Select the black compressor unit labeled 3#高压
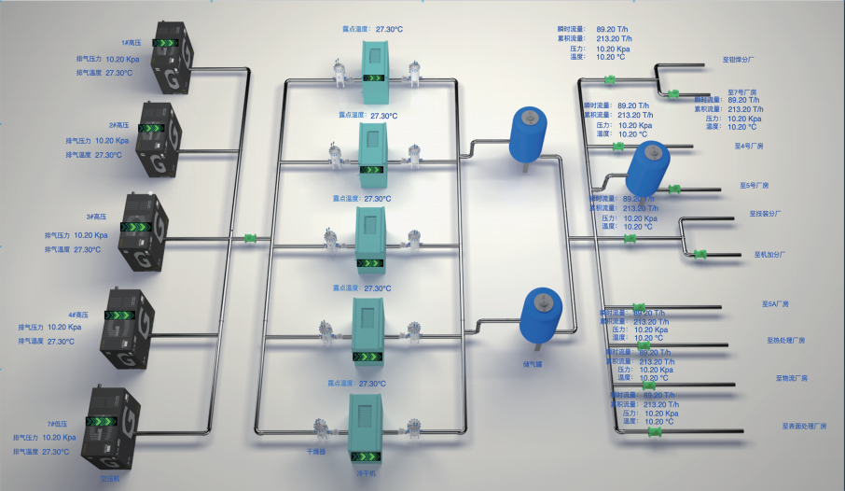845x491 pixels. tap(136, 232)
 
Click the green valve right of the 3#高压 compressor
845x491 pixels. tap(250, 239)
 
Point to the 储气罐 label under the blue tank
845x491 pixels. tap(533, 352)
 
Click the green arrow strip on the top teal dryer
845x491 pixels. tap(378, 77)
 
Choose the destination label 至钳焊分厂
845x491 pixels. tap(738, 59)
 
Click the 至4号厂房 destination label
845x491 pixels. tap(749, 147)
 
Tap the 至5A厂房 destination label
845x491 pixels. tap(775, 304)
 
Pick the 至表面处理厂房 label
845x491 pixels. tap(804, 426)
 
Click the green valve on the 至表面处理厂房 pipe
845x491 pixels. tap(655, 430)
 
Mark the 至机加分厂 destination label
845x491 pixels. tap(770, 254)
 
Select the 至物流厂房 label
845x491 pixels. tap(791, 378)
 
